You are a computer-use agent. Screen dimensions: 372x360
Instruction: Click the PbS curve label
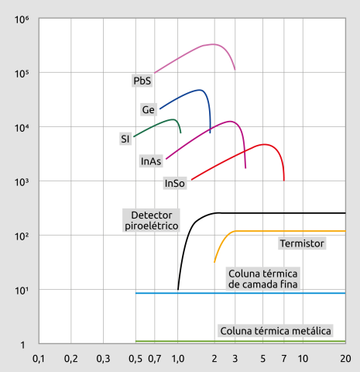coord(142,80)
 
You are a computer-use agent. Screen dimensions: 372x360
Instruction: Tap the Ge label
coord(149,109)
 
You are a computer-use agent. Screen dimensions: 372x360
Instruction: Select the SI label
coord(125,139)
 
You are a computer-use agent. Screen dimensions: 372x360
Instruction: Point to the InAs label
coord(151,161)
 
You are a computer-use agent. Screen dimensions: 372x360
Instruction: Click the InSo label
coord(174,184)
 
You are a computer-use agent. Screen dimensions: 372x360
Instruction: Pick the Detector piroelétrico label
coord(151,219)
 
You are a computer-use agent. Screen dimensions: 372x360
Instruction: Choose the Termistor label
coord(301,243)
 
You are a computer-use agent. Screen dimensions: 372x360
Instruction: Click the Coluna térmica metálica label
coord(276,331)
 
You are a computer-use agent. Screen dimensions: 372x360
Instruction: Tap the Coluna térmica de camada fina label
coord(262,279)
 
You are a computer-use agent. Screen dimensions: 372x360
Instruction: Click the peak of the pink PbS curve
coord(213,44)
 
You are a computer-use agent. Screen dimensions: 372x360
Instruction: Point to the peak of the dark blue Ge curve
coord(200,90)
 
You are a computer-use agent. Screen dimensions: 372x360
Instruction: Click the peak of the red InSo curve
coord(264,144)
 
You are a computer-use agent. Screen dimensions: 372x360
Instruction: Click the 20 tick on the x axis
coord(345,359)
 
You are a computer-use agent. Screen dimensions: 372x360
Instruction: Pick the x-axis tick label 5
coord(263,359)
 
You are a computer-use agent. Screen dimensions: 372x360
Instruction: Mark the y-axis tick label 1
coord(23,344)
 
